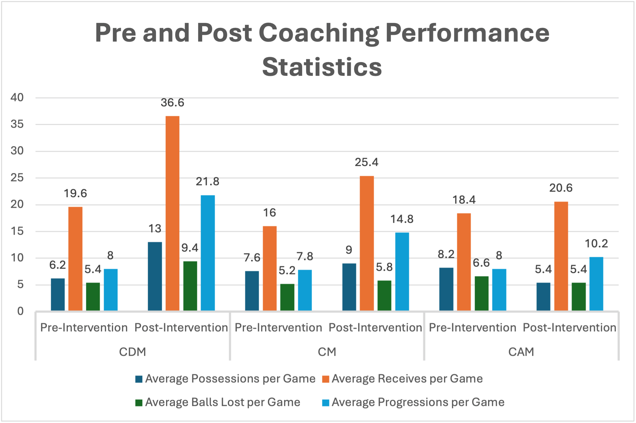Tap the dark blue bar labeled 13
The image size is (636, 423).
coord(155,276)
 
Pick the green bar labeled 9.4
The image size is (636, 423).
coord(190,286)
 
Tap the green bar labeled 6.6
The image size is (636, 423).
coord(482,293)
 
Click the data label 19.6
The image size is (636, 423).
coord(75,193)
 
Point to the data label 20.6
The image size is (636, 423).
coord(561,188)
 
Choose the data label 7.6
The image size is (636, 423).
coord(252,258)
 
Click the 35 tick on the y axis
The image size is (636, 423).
coord(17,124)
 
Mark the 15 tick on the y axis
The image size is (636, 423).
coord(17,231)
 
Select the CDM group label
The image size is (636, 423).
coord(132,352)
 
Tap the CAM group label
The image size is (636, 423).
coord(521,352)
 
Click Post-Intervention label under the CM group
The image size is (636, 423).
coord(375,328)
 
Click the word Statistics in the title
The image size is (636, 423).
coord(322,67)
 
